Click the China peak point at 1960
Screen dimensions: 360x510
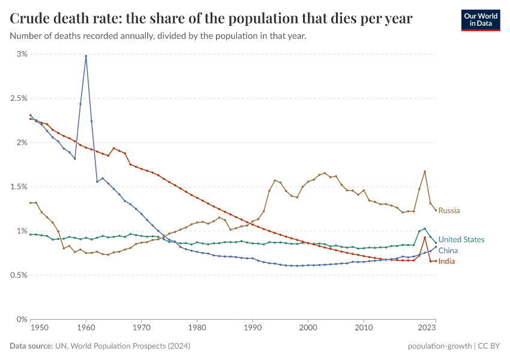pyautogui.click(x=86, y=56)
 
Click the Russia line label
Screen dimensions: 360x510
pyautogui.click(x=449, y=211)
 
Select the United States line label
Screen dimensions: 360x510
pyautogui.click(x=461, y=239)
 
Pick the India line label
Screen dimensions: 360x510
pyautogui.click(x=446, y=262)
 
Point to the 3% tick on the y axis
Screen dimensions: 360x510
pyautogui.click(x=22, y=54)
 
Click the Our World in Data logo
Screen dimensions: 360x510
pyautogui.click(x=480, y=20)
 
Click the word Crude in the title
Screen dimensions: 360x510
pyautogui.click(x=30, y=19)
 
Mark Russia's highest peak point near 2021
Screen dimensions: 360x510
pyautogui.click(x=425, y=172)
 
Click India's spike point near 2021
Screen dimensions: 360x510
pyautogui.click(x=425, y=238)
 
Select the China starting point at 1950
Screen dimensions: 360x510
pyautogui.click(x=31, y=115)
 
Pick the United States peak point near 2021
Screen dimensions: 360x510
pyautogui.click(x=425, y=229)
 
